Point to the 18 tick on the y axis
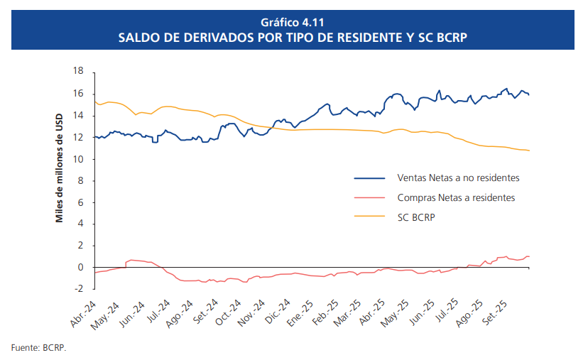click(x=78, y=72)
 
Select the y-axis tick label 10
click(x=78, y=159)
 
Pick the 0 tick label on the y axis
click(x=80, y=268)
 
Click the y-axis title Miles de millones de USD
click(x=60, y=168)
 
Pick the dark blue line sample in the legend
click(x=371, y=178)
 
